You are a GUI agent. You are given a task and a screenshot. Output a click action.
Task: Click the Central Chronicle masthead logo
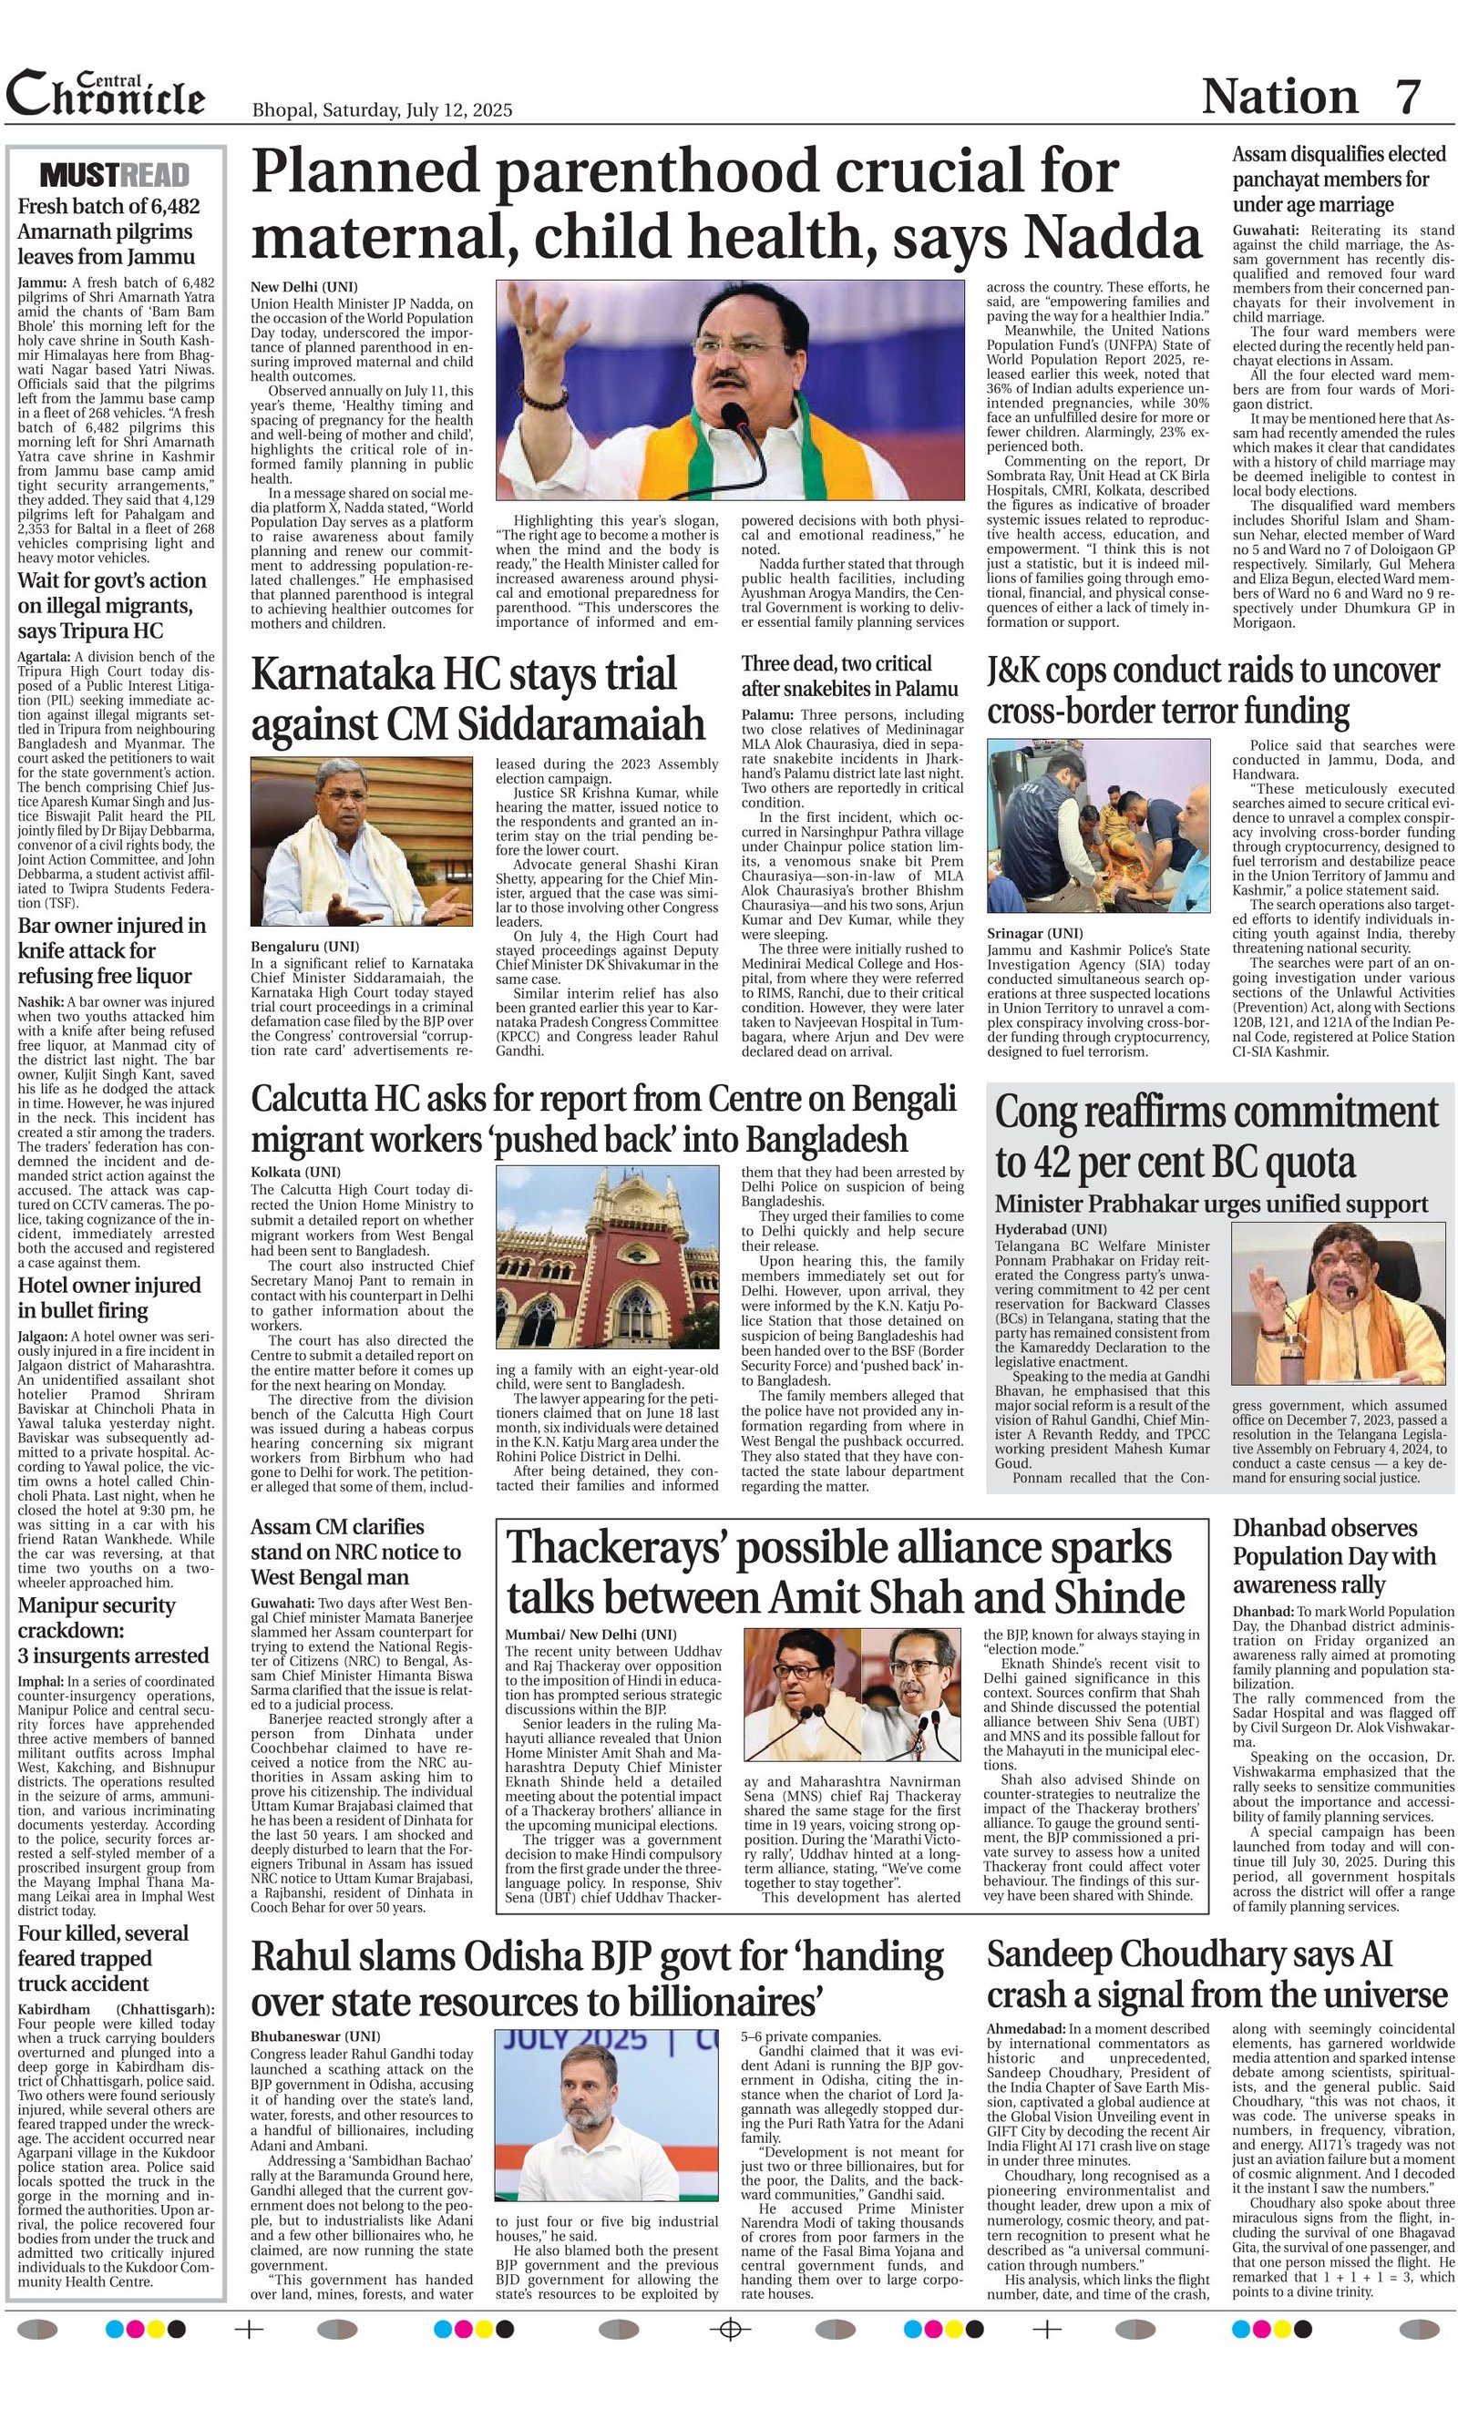coord(106,94)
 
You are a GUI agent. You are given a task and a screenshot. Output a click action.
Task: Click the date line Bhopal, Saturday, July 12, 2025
coord(382,110)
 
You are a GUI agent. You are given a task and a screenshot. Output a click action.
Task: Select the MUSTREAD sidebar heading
coord(115,176)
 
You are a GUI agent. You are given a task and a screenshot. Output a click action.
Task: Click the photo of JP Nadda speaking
coord(730,390)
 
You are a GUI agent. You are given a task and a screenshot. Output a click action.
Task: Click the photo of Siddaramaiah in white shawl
coord(362,841)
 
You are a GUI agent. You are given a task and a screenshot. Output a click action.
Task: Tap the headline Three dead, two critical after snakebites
coord(848,675)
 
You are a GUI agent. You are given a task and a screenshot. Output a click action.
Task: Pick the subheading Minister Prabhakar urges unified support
coord(1211,1204)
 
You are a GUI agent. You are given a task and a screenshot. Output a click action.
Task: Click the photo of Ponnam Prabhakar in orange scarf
coord(1338,1304)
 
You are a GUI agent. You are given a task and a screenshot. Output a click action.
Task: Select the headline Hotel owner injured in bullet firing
coord(108,1297)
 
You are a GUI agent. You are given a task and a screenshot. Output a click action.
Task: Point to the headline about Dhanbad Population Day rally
coord(1334,1555)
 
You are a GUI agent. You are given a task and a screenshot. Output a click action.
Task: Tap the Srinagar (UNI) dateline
coord(1034,934)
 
